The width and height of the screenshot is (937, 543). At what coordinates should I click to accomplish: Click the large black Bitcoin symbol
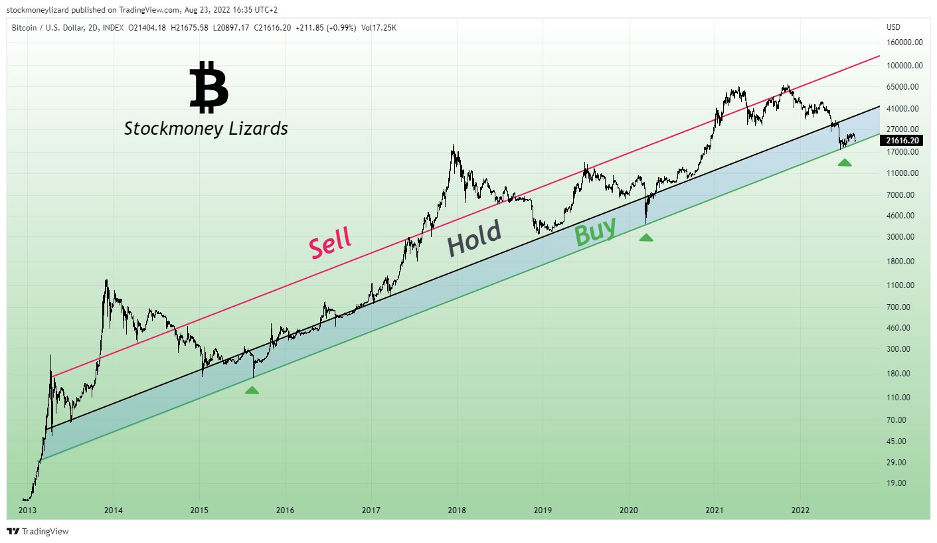(209, 87)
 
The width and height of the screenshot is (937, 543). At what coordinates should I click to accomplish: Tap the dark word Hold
(474, 238)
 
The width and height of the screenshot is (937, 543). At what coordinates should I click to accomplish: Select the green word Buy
(595, 231)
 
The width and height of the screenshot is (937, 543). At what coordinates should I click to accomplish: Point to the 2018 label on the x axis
(457, 510)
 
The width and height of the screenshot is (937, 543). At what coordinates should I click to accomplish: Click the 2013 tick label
(28, 510)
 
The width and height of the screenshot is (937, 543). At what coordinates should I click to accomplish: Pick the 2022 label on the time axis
(801, 510)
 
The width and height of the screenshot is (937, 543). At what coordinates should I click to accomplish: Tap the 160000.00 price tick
(904, 42)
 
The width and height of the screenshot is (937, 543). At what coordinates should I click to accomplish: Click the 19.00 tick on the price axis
(896, 483)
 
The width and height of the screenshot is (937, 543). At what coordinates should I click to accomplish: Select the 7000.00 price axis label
(900, 194)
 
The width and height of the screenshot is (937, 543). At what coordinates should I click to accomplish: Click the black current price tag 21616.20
(901, 141)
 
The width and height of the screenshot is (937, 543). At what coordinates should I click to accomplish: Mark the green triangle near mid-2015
(252, 390)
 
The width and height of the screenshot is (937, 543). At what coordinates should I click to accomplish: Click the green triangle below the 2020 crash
(646, 238)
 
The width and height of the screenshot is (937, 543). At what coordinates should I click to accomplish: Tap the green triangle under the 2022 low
(845, 163)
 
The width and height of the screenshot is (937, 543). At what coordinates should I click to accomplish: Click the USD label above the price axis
(893, 27)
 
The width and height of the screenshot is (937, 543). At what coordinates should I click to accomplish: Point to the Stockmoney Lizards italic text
(206, 129)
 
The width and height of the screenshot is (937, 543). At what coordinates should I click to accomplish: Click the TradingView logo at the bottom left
(38, 531)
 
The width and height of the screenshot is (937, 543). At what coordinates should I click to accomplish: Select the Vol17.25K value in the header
(379, 28)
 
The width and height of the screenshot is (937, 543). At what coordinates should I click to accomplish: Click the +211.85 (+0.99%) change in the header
(326, 28)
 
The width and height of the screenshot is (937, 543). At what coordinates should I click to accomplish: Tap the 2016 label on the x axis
(285, 510)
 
